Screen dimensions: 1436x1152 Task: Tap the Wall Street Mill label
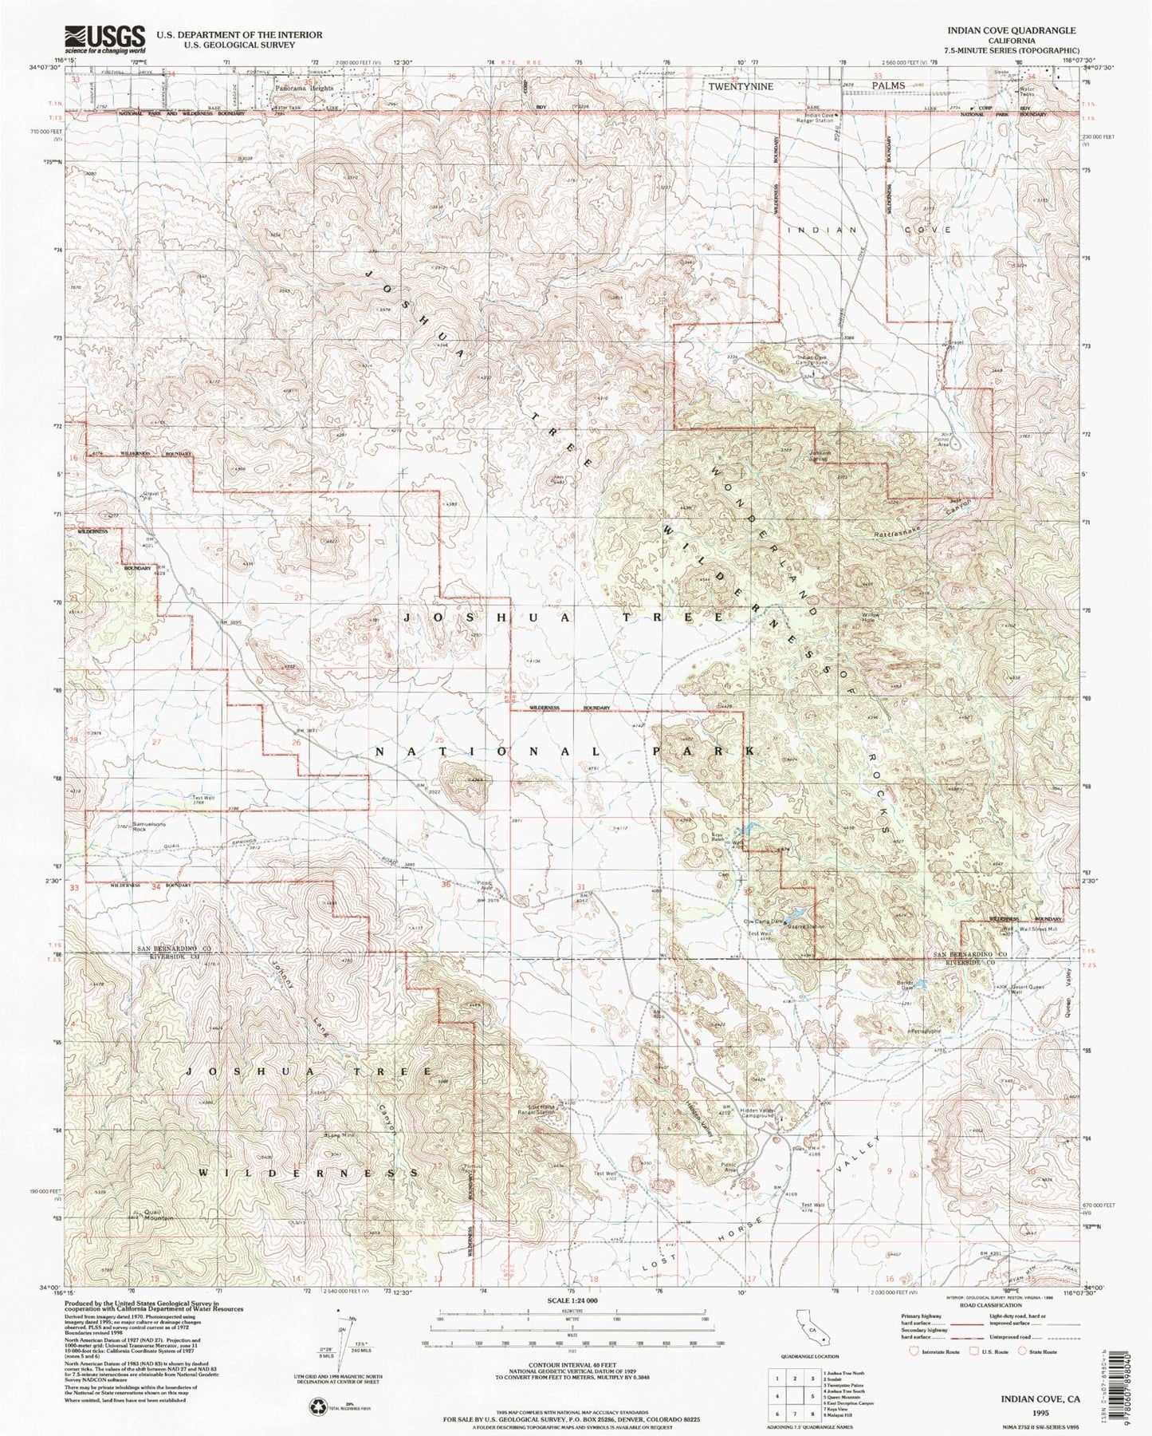click(x=1038, y=929)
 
